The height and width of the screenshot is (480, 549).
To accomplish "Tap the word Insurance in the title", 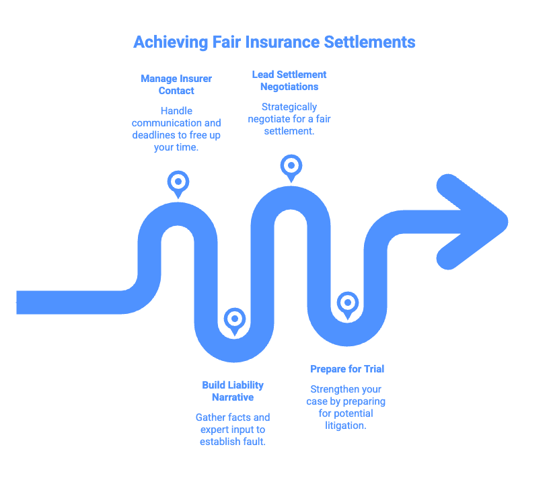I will pos(272,42).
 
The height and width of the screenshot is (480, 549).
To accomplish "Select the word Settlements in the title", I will pos(370,42).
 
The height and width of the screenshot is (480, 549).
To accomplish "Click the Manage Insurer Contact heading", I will pos(176,85).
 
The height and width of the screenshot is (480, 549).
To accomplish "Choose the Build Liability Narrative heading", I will pos(233,391).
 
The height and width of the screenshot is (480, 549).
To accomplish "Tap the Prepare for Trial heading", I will pos(347,369).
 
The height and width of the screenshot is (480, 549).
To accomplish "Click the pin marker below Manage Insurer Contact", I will pos(178,182).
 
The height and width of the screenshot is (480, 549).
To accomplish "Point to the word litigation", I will pos(347,426).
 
